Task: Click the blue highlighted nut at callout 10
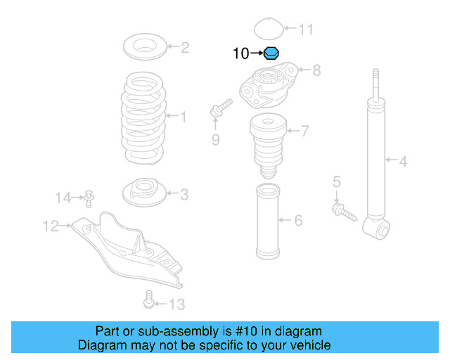coord(272,53)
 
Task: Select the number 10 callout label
coord(240,53)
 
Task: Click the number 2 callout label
coord(185,48)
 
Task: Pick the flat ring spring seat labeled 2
coord(146,49)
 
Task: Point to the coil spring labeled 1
coord(145,117)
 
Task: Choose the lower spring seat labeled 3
coord(145,192)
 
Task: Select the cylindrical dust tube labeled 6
coord(266,221)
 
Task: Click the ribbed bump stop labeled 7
coord(266,141)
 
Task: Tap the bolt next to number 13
coord(147,301)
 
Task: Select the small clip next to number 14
coord(89,198)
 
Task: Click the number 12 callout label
coord(51,226)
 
